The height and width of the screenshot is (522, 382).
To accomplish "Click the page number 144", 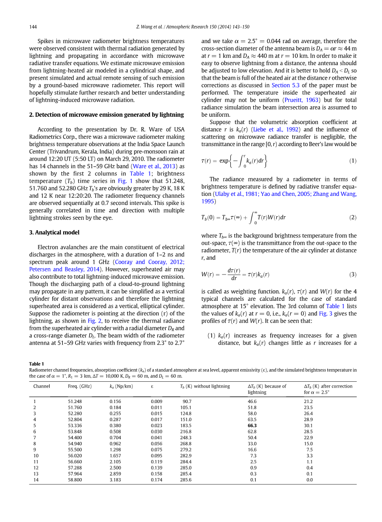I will click(x=33, y=28).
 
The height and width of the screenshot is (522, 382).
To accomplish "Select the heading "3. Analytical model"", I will click(x=54, y=233).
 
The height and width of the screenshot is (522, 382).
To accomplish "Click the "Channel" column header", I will click(x=42, y=386).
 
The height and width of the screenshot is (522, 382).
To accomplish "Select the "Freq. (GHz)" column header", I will click(x=80, y=386).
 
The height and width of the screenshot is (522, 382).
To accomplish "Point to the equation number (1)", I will click(x=353, y=161).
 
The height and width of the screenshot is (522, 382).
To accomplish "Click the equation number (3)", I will click(x=353, y=275).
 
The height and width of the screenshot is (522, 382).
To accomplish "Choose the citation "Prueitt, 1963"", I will click(x=302, y=100).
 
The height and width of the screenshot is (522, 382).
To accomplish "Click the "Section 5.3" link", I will click(x=287, y=85).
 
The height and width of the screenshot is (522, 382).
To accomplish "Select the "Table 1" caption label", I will click(x=37, y=364).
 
